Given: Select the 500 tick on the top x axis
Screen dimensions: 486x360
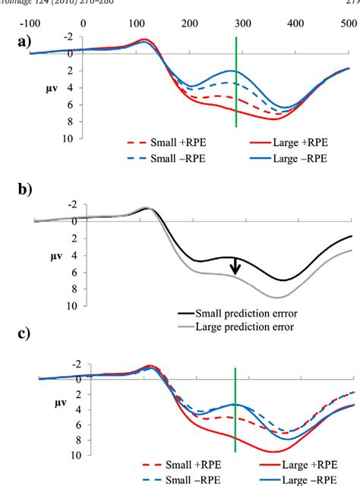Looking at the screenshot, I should (x=348, y=24).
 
